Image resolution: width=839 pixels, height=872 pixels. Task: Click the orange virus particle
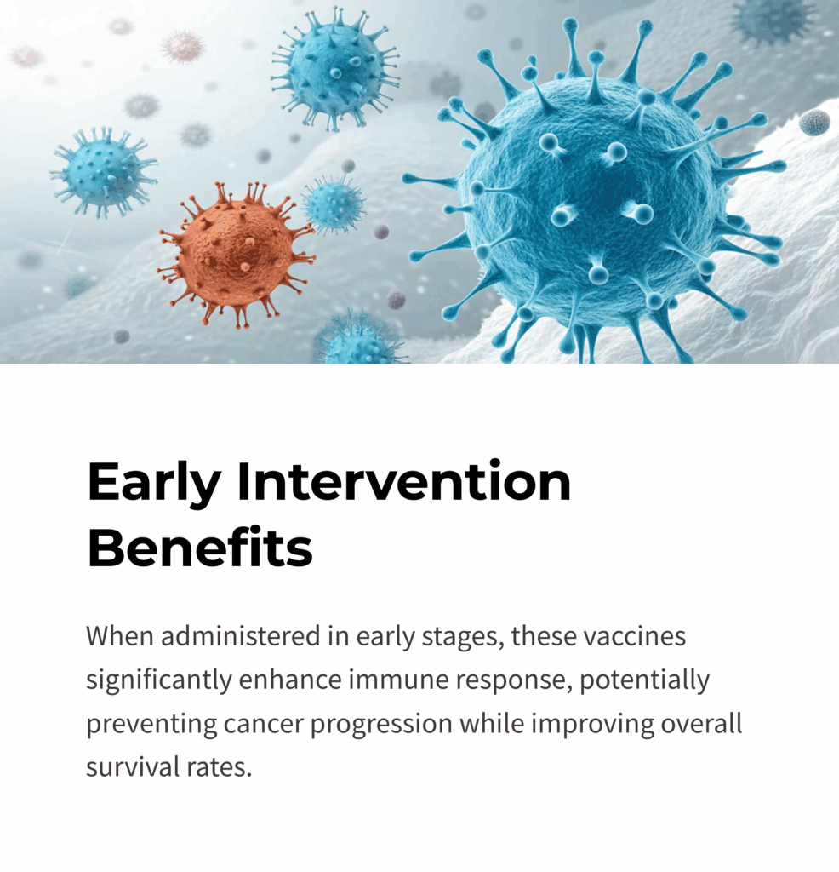point(237,253)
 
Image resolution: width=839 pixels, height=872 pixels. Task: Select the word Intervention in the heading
point(404,482)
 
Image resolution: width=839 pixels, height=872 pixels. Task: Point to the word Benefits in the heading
point(200,548)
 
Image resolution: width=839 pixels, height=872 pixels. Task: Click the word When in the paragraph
point(119,635)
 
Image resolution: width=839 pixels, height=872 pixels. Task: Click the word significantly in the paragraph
point(158,680)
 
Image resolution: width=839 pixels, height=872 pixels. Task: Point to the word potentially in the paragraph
point(644,680)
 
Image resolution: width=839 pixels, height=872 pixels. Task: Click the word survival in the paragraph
point(132,767)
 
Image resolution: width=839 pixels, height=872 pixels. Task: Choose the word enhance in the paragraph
point(290,680)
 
